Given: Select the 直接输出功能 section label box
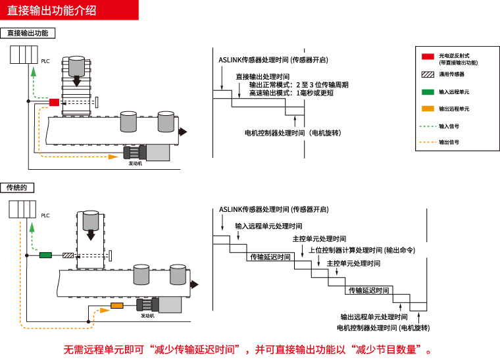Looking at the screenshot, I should point(28,33).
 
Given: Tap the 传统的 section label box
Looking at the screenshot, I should point(17,188).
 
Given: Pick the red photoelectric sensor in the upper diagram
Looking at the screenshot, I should point(54,102).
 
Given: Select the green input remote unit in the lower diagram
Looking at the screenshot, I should point(45,255).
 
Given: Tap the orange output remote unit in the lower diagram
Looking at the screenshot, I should point(116,305).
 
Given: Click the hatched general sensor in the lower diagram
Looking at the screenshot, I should point(68,255).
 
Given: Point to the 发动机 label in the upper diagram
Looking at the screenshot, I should point(135,163).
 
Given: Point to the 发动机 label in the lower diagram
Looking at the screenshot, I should point(147,316).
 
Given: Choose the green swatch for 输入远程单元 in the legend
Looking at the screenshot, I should point(428,92).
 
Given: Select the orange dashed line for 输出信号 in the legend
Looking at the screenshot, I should point(428,141).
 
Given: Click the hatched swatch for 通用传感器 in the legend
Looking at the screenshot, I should point(428,74).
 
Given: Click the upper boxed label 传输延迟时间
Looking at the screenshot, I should point(270,257).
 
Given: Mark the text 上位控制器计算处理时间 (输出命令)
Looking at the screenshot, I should point(362,250).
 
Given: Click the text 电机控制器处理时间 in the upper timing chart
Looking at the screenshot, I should point(293,132).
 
